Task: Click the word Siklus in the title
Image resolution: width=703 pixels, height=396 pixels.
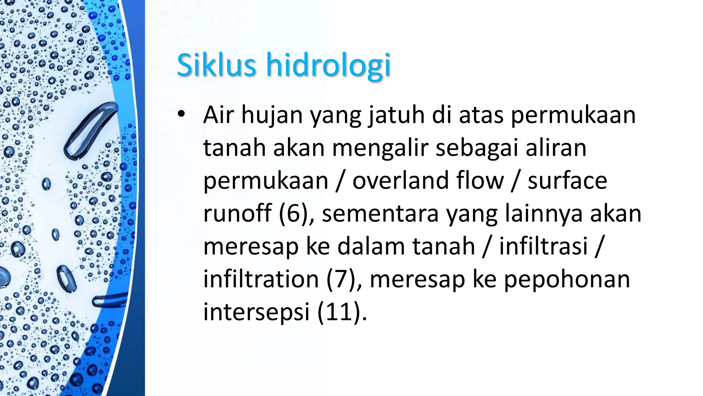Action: point(216,65)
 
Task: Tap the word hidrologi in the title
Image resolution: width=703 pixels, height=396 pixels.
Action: point(329,65)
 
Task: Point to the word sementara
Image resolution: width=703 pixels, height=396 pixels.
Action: point(380,213)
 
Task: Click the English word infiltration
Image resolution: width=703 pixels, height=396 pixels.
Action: point(261,279)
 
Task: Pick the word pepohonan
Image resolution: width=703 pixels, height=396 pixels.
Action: point(567,279)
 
